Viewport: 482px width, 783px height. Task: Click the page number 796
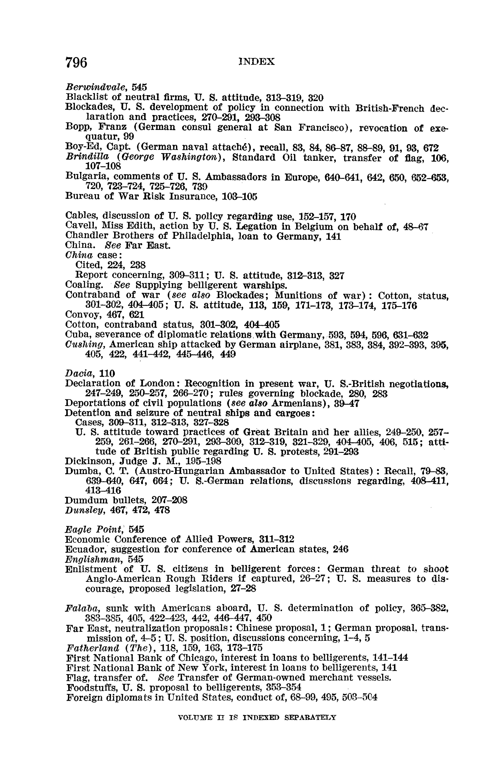(76, 62)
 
